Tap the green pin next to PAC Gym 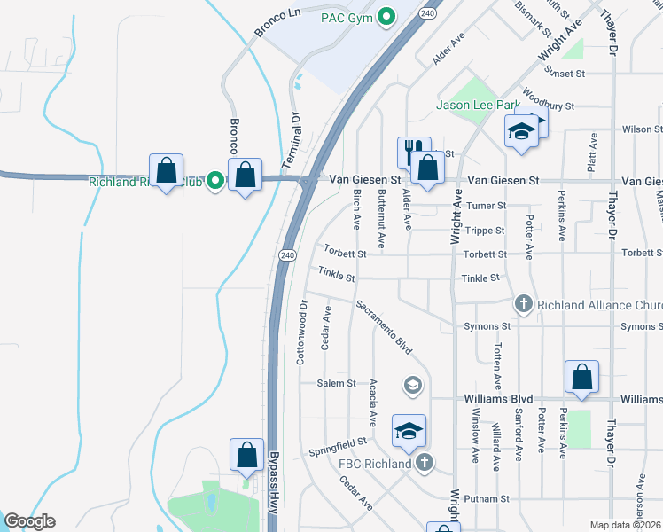coord(386,16)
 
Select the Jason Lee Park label coord(478,105)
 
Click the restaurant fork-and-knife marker coord(413,149)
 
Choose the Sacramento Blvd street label coord(385,327)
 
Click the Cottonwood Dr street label coord(301,331)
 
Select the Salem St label coord(336,383)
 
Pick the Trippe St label coord(485,231)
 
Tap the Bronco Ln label coord(277,22)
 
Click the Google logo coord(29,521)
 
